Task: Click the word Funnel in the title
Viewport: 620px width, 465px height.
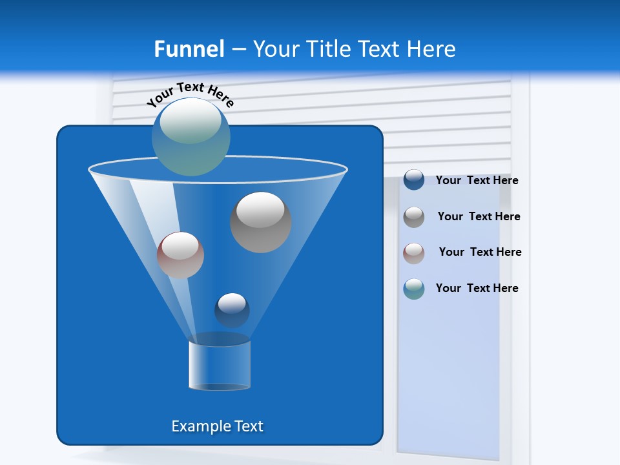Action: pyautogui.click(x=189, y=49)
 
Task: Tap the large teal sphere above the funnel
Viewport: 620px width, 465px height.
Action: pyautogui.click(x=191, y=136)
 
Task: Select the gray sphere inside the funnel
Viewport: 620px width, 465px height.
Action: pyautogui.click(x=261, y=222)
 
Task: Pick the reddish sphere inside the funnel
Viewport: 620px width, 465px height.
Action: pyautogui.click(x=180, y=255)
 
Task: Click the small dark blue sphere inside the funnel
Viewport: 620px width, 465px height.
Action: pyautogui.click(x=232, y=310)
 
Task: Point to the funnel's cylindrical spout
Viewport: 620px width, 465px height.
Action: pyautogui.click(x=220, y=366)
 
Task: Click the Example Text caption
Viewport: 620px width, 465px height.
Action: pyautogui.click(x=218, y=426)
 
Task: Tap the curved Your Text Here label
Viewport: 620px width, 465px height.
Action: pyautogui.click(x=191, y=94)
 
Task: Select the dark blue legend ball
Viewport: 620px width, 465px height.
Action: pyautogui.click(x=414, y=180)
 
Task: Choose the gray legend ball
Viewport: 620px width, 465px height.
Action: pyautogui.click(x=414, y=217)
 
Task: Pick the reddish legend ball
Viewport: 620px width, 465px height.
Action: pyautogui.click(x=414, y=253)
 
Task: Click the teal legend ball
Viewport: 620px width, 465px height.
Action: pyautogui.click(x=414, y=289)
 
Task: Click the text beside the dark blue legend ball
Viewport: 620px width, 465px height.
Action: pyautogui.click(x=477, y=181)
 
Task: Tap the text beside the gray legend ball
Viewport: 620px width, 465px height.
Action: pyautogui.click(x=479, y=217)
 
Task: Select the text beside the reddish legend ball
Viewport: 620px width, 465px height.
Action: pyautogui.click(x=480, y=253)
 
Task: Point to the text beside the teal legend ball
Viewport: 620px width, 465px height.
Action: pyautogui.click(x=477, y=289)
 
